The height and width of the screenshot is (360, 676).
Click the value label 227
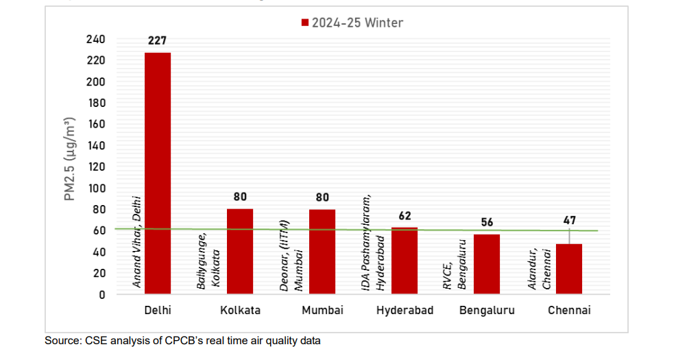158,41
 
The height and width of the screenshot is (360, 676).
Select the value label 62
405,216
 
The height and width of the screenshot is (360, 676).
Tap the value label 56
487,222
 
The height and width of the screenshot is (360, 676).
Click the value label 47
569,221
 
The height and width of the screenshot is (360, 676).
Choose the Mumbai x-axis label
322,311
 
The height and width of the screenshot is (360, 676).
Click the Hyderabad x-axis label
405,311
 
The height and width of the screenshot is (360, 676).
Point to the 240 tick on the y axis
96,39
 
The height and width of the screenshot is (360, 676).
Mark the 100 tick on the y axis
96,188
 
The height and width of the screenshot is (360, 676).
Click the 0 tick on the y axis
101,295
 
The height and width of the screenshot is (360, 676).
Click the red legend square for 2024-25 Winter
305,23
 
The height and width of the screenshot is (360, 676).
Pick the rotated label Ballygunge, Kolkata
208,261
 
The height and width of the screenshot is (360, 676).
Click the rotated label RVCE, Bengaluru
455,265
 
